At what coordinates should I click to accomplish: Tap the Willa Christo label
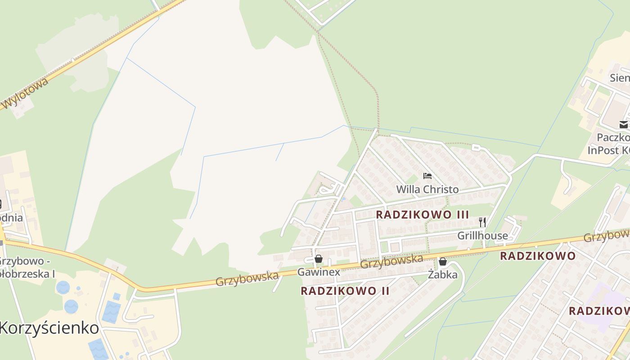(x=427, y=189)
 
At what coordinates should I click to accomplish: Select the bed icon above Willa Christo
(x=427, y=176)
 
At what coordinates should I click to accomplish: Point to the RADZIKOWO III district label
(x=422, y=215)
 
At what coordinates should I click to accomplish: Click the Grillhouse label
(x=482, y=235)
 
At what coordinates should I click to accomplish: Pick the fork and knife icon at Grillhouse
(x=482, y=222)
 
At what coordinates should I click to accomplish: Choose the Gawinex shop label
(x=319, y=272)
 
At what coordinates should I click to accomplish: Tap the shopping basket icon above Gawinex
(x=319, y=259)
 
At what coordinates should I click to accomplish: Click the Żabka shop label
(x=443, y=274)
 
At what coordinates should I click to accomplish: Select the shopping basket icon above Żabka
(x=443, y=261)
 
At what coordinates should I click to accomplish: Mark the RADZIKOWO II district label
(x=345, y=291)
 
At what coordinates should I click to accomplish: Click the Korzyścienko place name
(x=49, y=328)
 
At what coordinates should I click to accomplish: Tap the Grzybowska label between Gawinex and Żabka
(x=391, y=261)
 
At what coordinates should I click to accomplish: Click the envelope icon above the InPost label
(x=624, y=125)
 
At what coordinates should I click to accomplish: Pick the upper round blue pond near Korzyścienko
(x=63, y=287)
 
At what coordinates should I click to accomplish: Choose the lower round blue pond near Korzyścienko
(x=71, y=306)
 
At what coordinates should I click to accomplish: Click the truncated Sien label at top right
(x=620, y=78)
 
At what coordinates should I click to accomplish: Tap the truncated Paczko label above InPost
(x=613, y=137)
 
